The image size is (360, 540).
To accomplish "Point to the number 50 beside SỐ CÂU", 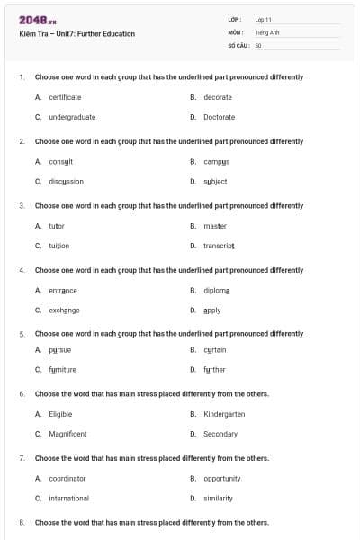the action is point(258,44).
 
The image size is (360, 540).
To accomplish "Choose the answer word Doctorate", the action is point(219,117).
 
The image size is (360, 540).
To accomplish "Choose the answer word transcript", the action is point(219,246).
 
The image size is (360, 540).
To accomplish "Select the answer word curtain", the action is point(214,349).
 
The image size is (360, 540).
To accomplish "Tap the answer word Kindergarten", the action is point(224,414).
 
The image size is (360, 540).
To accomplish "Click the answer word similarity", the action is point(218,498).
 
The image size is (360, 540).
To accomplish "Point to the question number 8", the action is point(22,522).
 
